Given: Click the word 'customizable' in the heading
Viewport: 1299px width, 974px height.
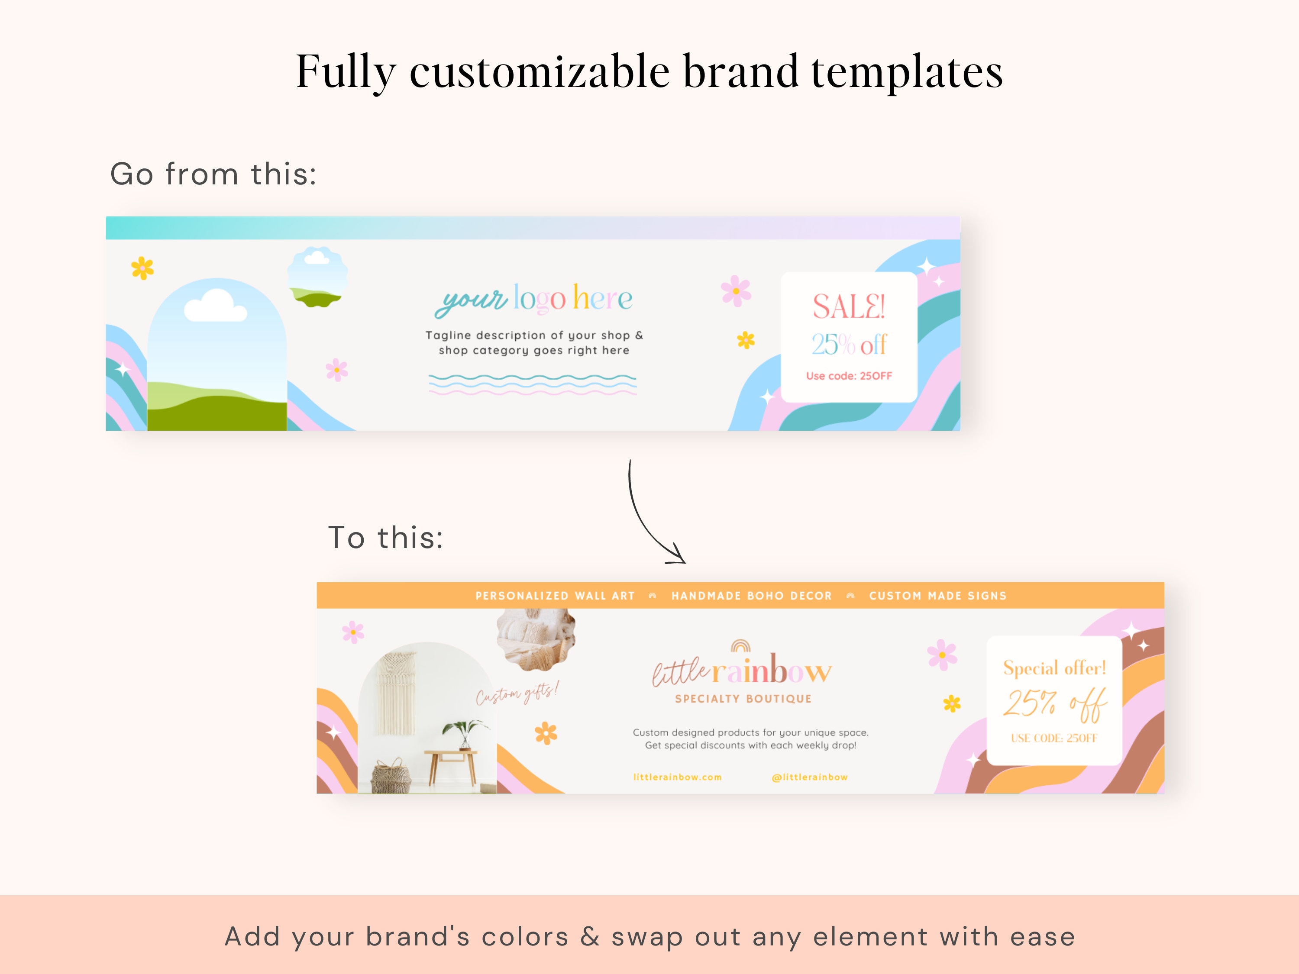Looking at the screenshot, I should pos(539,71).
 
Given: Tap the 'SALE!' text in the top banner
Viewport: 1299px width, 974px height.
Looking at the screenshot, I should pos(849,306).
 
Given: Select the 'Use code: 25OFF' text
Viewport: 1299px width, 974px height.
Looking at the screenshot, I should pos(849,376).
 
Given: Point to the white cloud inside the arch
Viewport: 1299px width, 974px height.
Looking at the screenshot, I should pos(214,306).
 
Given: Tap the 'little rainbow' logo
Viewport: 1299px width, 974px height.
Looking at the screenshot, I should pos(742,669).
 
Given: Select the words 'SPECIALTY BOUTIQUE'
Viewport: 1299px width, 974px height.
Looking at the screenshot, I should pos(743,699).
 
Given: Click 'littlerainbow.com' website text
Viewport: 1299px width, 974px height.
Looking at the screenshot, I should pos(677,777).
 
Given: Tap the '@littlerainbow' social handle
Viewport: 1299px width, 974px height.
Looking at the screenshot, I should pos(809,777).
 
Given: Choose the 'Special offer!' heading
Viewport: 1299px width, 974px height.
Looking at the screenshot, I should pos(1054,668).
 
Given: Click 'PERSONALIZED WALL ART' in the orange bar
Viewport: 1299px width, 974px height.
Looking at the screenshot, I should pos(555,595).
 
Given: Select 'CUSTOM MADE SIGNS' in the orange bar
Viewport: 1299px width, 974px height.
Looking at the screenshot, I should pos(937,595).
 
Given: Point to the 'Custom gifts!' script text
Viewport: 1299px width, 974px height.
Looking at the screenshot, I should pos(517,693).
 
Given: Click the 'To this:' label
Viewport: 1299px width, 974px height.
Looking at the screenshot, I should pos(385,537).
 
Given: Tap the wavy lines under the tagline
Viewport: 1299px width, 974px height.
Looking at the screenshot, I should pos(532,384).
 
